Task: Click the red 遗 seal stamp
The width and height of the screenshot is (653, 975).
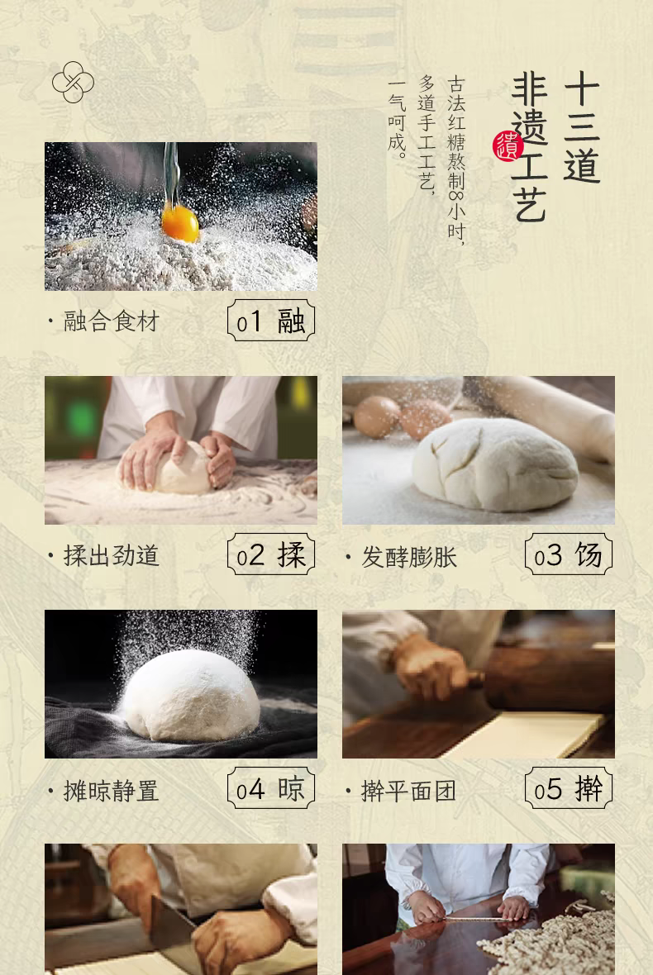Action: click(x=507, y=147)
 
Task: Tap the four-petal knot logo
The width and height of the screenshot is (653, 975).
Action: click(x=73, y=82)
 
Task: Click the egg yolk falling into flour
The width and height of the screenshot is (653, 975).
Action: click(x=180, y=224)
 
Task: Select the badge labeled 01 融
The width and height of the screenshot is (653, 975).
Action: click(x=271, y=321)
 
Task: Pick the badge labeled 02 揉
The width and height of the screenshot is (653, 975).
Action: click(x=271, y=554)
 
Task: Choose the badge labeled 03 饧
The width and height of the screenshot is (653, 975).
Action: click(x=569, y=554)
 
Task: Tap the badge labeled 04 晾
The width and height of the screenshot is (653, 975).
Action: click(x=271, y=787)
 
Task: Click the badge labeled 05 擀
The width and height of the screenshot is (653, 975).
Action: click(x=569, y=787)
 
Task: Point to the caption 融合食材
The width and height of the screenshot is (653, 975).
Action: click(x=112, y=321)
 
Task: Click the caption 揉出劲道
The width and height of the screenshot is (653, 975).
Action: click(x=112, y=555)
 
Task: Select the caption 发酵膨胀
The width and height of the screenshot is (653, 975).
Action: click(x=409, y=557)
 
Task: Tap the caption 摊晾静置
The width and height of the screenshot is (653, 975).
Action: click(x=112, y=791)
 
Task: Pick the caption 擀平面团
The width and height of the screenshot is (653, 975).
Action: click(x=408, y=791)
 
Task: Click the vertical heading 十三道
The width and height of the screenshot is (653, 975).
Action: click(x=581, y=127)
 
